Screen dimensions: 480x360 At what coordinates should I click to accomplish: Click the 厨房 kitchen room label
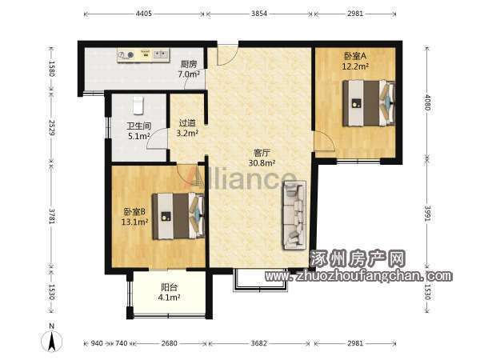188,64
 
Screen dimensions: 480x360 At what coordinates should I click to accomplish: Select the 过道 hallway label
187,123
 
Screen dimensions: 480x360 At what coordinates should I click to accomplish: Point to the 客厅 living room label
262,153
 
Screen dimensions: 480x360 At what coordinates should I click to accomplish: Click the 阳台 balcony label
169,287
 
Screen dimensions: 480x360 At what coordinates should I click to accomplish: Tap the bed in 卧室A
369,103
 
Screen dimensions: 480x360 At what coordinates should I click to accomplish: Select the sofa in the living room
294,215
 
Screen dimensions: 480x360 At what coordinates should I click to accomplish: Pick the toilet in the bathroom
138,106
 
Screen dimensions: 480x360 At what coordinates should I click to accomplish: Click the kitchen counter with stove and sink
143,55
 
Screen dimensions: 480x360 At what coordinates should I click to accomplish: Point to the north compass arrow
52,341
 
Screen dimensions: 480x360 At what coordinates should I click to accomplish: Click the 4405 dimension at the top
144,14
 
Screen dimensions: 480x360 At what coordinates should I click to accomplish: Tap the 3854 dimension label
259,14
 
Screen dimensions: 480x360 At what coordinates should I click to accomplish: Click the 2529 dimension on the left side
51,128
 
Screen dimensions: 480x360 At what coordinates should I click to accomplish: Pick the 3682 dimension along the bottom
258,343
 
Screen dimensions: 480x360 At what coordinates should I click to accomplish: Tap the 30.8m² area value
262,163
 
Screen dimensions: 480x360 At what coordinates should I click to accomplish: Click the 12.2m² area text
355,66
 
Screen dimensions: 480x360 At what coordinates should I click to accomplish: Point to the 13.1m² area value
135,222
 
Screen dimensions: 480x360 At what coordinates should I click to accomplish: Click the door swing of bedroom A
325,141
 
